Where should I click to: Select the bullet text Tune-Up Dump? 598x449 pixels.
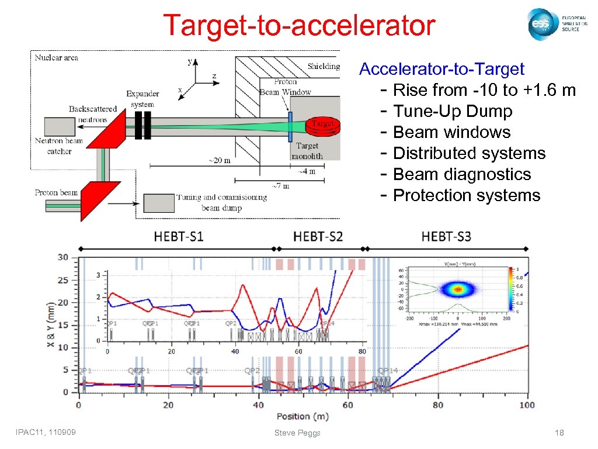pyautogui.click(x=453, y=111)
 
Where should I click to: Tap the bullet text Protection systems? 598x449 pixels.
pyautogui.click(x=467, y=195)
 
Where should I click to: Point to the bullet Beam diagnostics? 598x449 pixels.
pyautogui.click(x=462, y=174)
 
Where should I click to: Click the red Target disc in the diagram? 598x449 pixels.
pyautogui.click(x=323, y=125)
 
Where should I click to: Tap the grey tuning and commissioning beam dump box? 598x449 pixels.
pyautogui.click(x=159, y=202)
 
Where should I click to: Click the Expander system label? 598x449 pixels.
pyautogui.click(x=142, y=99)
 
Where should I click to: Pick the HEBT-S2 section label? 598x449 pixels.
pyautogui.click(x=318, y=236)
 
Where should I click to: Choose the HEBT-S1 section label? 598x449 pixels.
pyautogui.click(x=179, y=236)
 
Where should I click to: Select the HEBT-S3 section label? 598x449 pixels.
pyautogui.click(x=446, y=236)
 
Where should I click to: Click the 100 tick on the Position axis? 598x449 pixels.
pyautogui.click(x=527, y=405)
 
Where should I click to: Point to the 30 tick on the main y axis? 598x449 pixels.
pyautogui.click(x=62, y=258)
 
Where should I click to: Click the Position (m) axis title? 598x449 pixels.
pyautogui.click(x=303, y=416)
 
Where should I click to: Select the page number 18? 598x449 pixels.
pyautogui.click(x=559, y=433)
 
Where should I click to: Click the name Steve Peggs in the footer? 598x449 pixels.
pyautogui.click(x=297, y=433)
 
